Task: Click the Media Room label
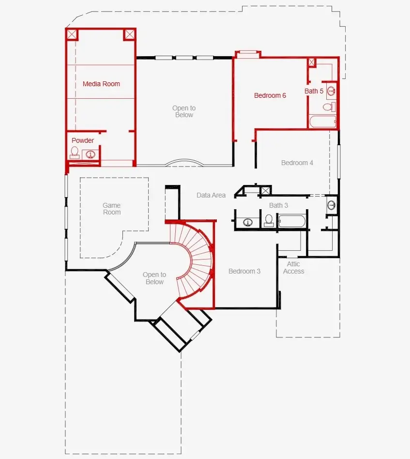tap(101, 84)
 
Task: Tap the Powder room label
tap(83, 140)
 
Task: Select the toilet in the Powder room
tap(75, 153)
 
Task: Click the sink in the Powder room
tap(91, 154)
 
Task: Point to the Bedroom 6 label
tap(270, 95)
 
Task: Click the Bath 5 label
tap(314, 91)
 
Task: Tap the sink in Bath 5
tap(332, 91)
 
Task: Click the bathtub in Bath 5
tap(322, 122)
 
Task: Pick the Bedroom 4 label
tap(297, 163)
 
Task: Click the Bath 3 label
tap(278, 205)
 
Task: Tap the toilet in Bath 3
tap(269, 221)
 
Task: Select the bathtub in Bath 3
tap(292, 222)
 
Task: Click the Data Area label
tap(211, 195)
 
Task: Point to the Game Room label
tap(112, 209)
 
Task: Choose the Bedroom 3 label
tap(244, 271)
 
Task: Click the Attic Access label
tap(293, 268)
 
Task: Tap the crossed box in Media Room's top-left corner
tap(72, 34)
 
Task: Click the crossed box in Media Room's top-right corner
tap(129, 34)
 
